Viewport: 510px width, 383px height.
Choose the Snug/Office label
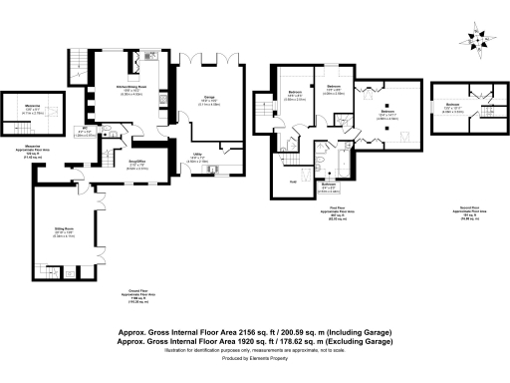pos(124,165)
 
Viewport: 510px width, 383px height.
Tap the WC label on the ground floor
pos(87,129)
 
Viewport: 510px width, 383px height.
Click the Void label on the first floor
pos(292,182)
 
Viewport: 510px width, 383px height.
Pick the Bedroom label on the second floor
pos(452,104)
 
